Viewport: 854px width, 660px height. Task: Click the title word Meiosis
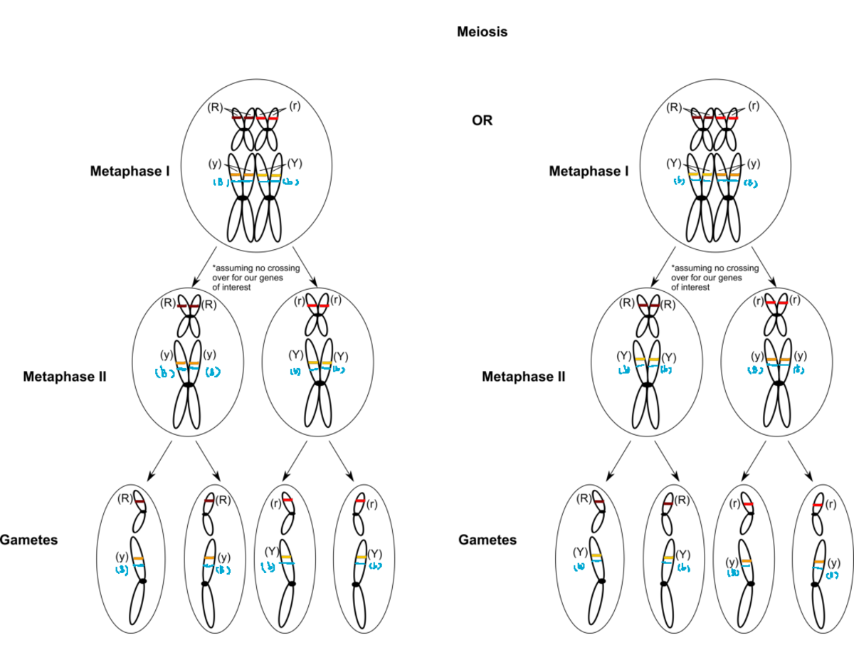click(482, 32)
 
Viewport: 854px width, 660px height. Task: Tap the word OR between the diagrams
click(482, 120)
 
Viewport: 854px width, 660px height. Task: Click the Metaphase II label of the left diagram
click(64, 376)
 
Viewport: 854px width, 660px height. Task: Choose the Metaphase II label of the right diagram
click(524, 376)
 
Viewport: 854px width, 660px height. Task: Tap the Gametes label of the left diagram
click(28, 540)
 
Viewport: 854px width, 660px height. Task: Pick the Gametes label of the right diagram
click(487, 540)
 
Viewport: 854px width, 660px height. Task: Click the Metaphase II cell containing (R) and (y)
click(188, 364)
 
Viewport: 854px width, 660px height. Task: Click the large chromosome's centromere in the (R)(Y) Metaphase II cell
click(647, 384)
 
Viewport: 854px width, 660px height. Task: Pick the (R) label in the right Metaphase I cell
click(673, 108)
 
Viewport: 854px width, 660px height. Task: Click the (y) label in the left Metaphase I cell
click(215, 163)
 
